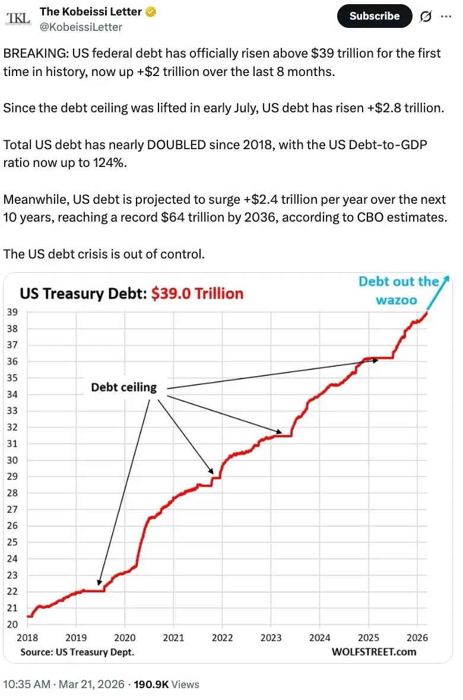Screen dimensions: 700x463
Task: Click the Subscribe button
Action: click(374, 16)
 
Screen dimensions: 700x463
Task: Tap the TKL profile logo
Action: click(17, 19)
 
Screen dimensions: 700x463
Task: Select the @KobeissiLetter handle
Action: click(81, 27)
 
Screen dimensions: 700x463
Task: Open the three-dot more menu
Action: click(445, 16)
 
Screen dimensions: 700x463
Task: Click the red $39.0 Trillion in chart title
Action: click(198, 294)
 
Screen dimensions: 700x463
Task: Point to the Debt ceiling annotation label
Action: click(123, 387)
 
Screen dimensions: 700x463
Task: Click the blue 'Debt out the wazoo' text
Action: click(399, 290)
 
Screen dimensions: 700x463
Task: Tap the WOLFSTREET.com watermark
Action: click(373, 651)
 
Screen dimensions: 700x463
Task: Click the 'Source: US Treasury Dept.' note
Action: click(77, 651)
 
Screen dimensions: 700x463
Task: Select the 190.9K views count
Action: click(152, 684)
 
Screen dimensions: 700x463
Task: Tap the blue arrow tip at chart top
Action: click(447, 278)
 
